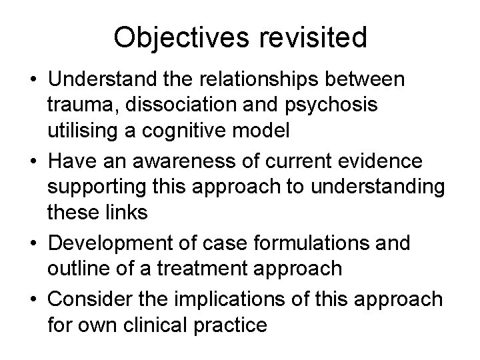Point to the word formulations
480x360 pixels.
(x=317, y=242)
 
